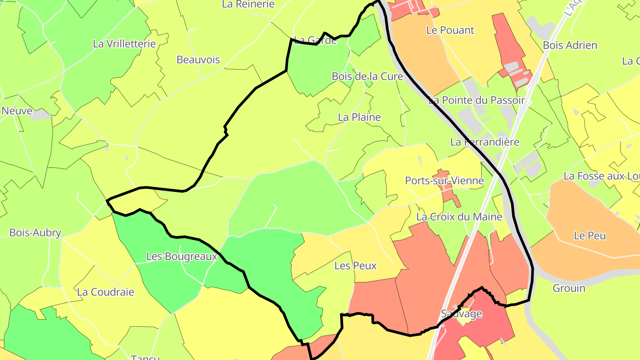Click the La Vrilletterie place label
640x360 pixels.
tap(124, 44)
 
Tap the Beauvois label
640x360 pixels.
tap(198, 60)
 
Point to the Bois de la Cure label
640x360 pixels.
tap(367, 76)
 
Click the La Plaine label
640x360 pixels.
tap(359, 117)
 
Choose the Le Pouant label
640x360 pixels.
tap(450, 30)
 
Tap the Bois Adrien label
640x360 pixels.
tap(570, 45)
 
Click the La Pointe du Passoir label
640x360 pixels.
tap(476, 100)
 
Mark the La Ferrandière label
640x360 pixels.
tap(484, 142)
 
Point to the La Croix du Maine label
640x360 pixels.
tap(459, 217)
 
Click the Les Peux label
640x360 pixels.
tap(355, 266)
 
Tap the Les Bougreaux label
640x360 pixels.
tap(182, 256)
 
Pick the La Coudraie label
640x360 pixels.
tap(105, 292)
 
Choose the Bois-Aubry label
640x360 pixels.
tap(35, 232)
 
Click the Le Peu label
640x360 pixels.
tap(590, 236)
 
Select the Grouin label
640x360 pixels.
tap(569, 288)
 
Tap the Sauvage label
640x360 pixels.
tap(461, 314)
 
